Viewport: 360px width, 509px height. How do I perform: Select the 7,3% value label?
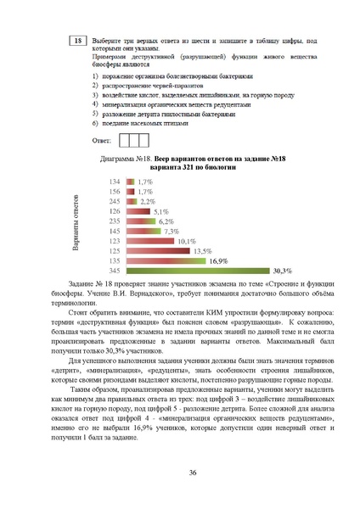[x=172, y=231]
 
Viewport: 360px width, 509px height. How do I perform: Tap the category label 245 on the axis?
[x=114, y=202]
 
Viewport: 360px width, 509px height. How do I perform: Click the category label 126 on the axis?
[x=114, y=212]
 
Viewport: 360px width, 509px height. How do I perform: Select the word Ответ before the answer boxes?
[x=102, y=142]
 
